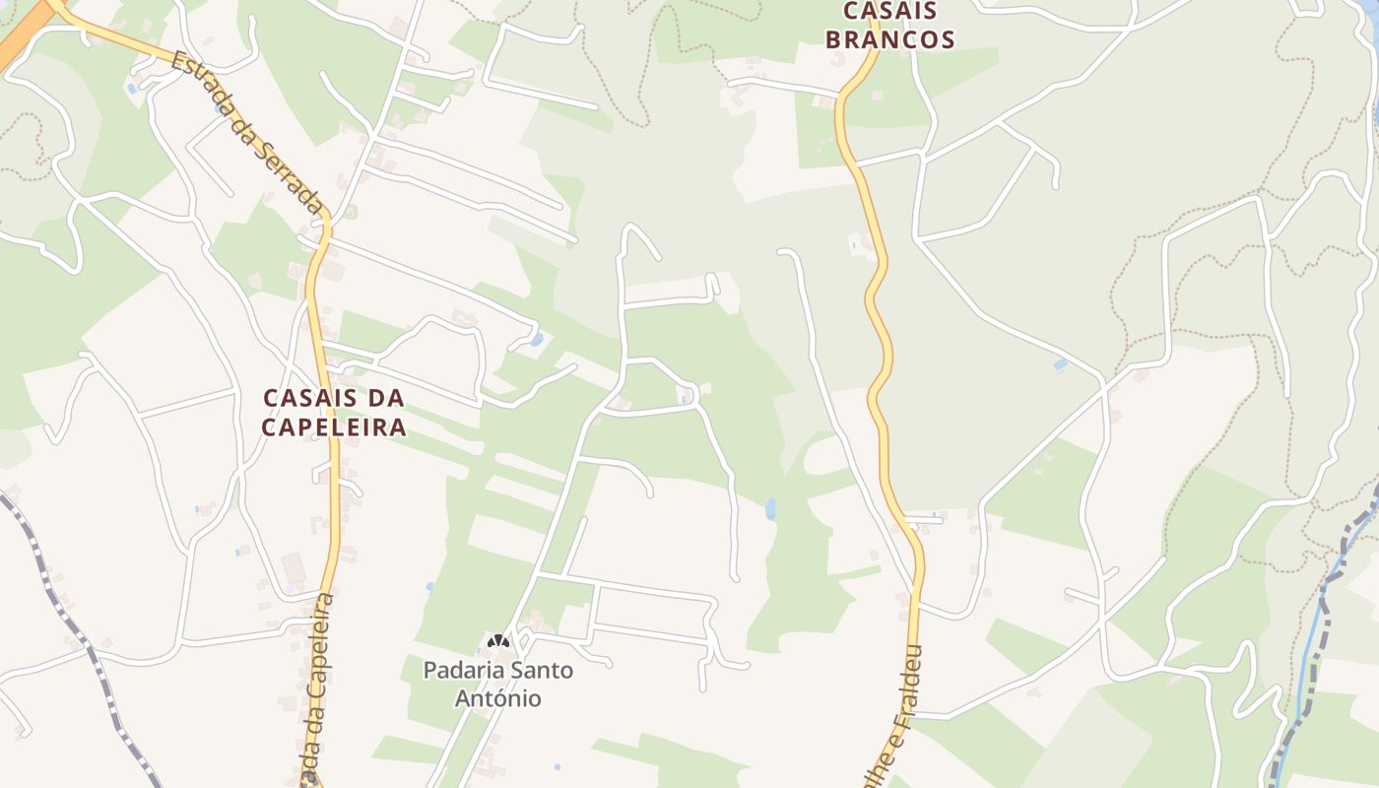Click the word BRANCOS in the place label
[889, 39]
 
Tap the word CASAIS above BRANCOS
[889, 11]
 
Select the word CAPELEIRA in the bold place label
[335, 427]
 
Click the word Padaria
[459, 671]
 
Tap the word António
[497, 698]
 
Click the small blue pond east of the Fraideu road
[1060, 365]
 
